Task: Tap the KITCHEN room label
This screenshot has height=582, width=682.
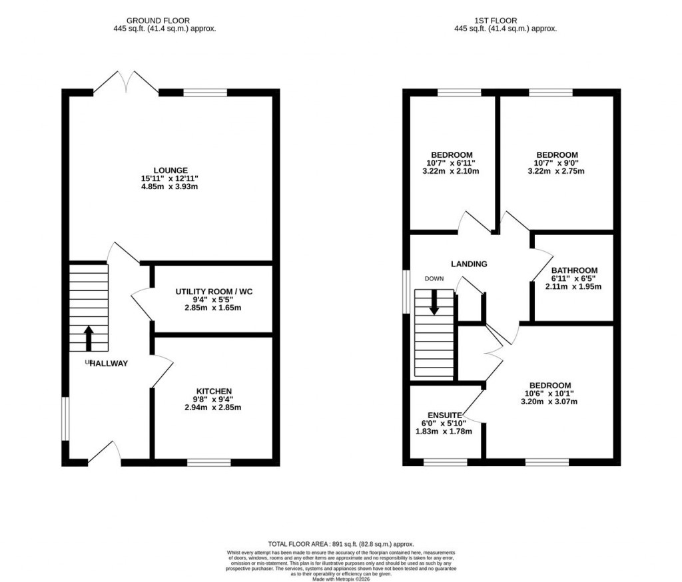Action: click(214, 391)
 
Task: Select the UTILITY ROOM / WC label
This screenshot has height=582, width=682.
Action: click(214, 292)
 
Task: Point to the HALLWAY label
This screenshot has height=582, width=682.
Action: click(108, 363)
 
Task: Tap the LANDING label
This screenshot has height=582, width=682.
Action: click(469, 264)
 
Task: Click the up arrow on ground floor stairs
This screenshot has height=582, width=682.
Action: click(89, 337)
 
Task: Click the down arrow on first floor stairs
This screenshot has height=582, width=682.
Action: click(434, 303)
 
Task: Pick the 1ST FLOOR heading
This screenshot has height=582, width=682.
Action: click(505, 21)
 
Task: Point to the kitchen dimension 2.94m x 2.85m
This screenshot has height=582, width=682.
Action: click(214, 408)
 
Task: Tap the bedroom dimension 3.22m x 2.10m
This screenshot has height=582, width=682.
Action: click(451, 171)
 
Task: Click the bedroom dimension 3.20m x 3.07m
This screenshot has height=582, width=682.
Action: click(549, 402)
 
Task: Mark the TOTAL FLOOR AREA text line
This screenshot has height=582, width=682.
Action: click(341, 543)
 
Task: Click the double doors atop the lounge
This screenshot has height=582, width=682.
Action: click(126, 83)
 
